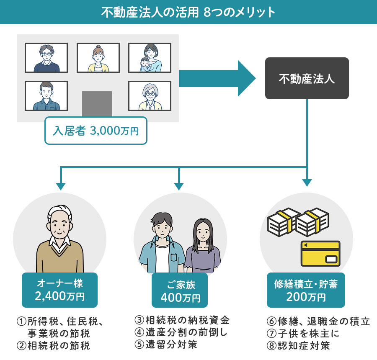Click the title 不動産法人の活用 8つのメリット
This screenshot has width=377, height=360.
pyautogui.click(x=188, y=12)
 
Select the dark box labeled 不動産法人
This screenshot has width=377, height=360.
pyautogui.click(x=307, y=78)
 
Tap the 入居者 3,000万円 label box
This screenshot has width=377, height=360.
pyautogui.click(x=96, y=131)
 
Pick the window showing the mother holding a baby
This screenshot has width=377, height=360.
pyautogui.click(x=150, y=58)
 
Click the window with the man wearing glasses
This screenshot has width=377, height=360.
pyautogui.click(x=46, y=58)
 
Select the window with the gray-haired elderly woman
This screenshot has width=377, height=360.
pyautogui.click(x=150, y=96)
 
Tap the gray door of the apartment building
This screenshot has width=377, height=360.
pyautogui.click(x=97, y=103)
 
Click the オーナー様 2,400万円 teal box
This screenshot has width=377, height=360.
pyautogui.click(x=59, y=290)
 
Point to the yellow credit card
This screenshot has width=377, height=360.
pyautogui.click(x=320, y=253)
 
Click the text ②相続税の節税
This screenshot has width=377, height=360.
pyautogui.click(x=53, y=345)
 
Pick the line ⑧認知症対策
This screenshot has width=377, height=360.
pyautogui.click(x=298, y=345)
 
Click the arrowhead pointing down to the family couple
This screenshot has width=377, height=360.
pyautogui.click(x=179, y=185)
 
